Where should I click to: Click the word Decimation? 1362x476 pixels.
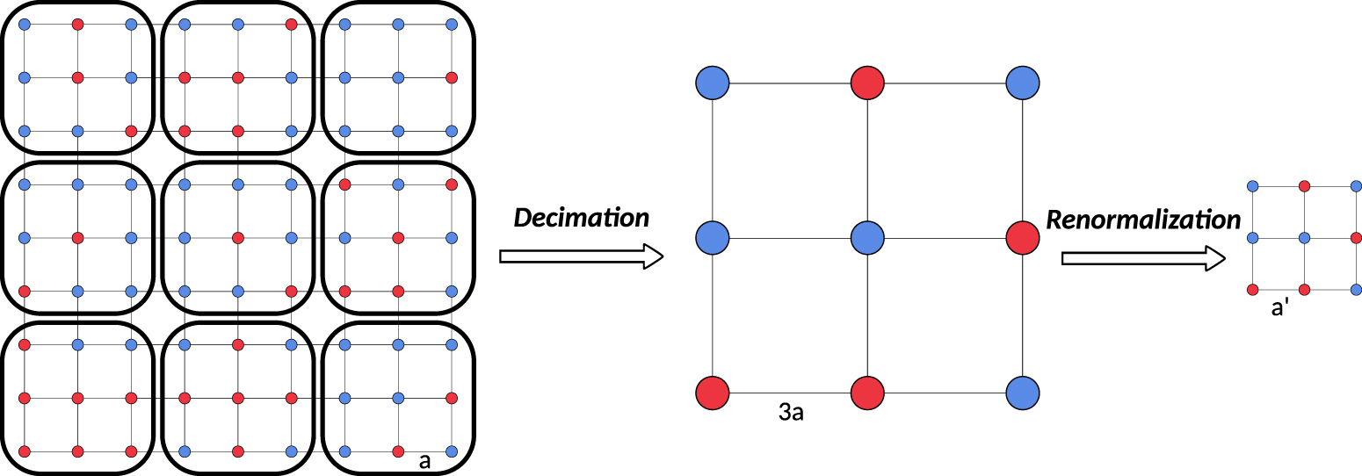click(x=581, y=218)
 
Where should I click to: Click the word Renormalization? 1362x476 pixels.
click(x=1142, y=219)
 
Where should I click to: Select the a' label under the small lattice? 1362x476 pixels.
click(x=1279, y=308)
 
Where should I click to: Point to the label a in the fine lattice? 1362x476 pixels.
click(x=424, y=461)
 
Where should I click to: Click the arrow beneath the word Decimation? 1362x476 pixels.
click(x=581, y=256)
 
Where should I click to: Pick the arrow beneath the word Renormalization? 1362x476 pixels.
click(x=1142, y=258)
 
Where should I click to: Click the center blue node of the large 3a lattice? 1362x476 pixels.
click(x=867, y=237)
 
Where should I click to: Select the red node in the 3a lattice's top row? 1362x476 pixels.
click(x=867, y=83)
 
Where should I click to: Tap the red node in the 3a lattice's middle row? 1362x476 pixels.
click(x=1023, y=237)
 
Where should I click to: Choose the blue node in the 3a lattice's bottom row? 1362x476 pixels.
click(x=1023, y=392)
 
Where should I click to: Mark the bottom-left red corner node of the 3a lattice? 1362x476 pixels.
click(x=713, y=392)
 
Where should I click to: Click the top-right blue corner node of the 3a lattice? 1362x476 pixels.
click(x=1023, y=83)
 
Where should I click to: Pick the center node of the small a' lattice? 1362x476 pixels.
click(x=1305, y=238)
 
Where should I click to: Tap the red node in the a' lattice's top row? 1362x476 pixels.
click(x=1305, y=186)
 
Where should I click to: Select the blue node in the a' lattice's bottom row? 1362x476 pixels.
click(x=1356, y=289)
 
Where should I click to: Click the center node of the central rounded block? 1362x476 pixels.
click(x=238, y=238)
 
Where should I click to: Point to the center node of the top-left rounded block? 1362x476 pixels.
click(x=78, y=77)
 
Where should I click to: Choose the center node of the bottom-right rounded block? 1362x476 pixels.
click(x=398, y=398)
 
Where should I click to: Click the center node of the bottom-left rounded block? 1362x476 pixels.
click(x=78, y=398)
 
